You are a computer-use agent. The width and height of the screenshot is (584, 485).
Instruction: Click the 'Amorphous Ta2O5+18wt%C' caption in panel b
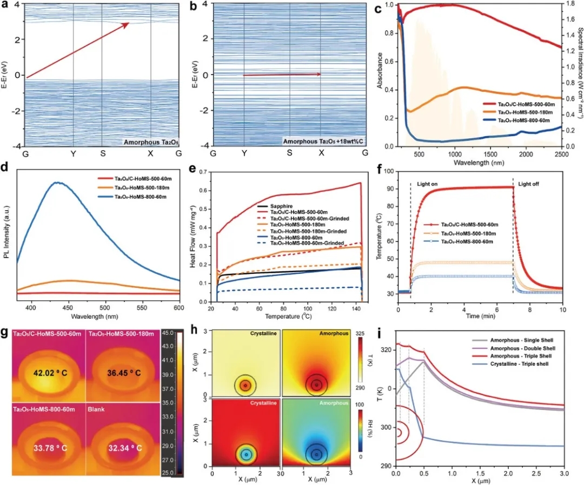(x=318, y=142)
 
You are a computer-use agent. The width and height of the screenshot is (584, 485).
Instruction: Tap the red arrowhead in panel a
(x=127, y=25)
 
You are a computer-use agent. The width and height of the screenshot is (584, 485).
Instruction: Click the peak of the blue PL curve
(x=57, y=183)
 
